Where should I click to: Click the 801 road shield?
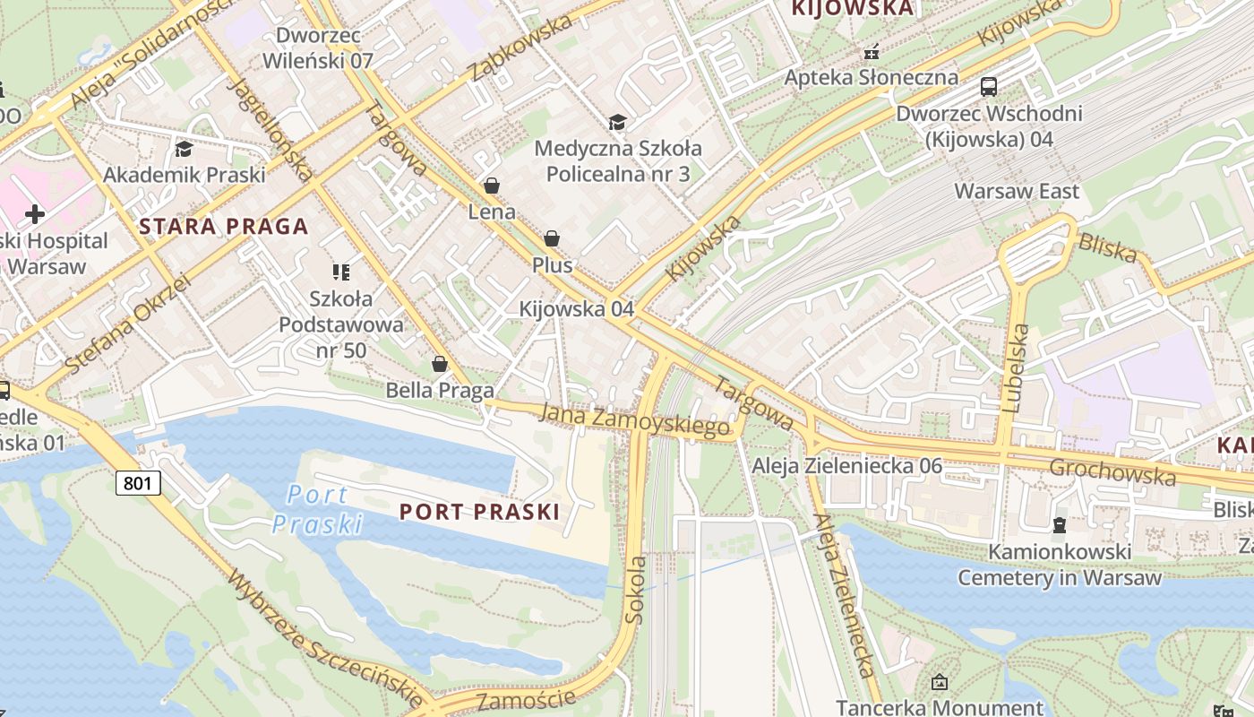[138, 484]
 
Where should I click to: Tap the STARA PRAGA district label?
[224, 227]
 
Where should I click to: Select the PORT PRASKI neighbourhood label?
[479, 512]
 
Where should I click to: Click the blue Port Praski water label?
[318, 508]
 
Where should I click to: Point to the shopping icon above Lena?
[491, 186]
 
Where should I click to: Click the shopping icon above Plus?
[552, 238]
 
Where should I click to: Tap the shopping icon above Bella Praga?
[439, 364]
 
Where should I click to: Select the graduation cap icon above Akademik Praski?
[184, 148]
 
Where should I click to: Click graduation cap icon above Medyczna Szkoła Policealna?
[617, 122]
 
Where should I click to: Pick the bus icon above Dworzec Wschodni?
[989, 87]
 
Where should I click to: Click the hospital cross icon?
[35, 214]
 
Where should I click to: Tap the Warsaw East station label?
[1017, 191]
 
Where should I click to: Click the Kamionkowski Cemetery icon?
[1060, 524]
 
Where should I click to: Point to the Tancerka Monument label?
[940, 707]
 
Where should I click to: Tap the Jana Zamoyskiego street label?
[634, 419]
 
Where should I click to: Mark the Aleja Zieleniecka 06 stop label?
[846, 465]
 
